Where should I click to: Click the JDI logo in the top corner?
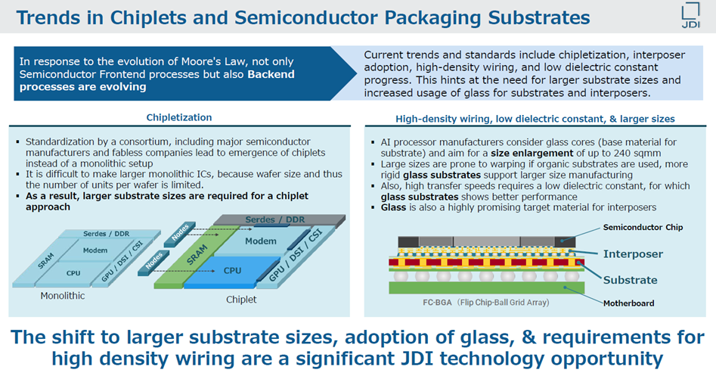coord(691,17)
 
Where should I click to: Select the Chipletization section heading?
coord(179,117)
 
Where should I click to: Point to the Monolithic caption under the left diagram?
coord(63,296)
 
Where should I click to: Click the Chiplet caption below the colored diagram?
coord(241,300)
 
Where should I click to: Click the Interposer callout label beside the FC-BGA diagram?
coord(633,253)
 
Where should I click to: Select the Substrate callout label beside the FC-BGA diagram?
coord(631,280)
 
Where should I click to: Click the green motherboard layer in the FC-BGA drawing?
coord(484,287)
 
